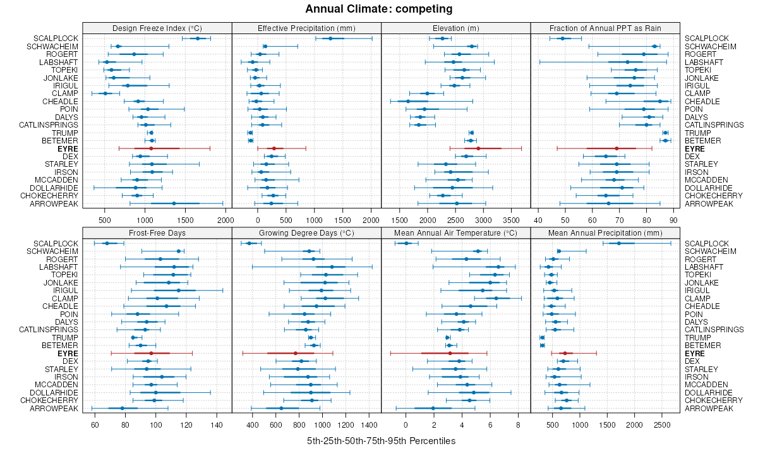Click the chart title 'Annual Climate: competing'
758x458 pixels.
(x=379, y=9)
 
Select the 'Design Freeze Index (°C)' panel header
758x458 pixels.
(x=157, y=28)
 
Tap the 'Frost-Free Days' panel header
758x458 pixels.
(x=157, y=232)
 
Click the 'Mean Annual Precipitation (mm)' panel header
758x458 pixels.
(x=605, y=232)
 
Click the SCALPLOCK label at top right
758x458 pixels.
(x=706, y=39)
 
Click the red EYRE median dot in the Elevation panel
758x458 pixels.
(x=478, y=148)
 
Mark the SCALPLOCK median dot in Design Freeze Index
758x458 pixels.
(x=198, y=39)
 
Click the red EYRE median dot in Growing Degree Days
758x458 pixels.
(x=295, y=353)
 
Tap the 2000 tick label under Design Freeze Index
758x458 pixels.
(x=225, y=220)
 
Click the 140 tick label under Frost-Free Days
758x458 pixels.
(x=217, y=425)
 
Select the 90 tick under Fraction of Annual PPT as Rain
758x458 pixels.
(x=673, y=220)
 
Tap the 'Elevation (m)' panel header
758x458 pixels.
(x=455, y=28)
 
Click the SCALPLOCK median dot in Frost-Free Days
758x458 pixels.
(x=107, y=243)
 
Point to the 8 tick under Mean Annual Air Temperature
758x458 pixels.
(x=518, y=425)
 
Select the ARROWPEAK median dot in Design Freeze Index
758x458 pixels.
(x=174, y=203)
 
